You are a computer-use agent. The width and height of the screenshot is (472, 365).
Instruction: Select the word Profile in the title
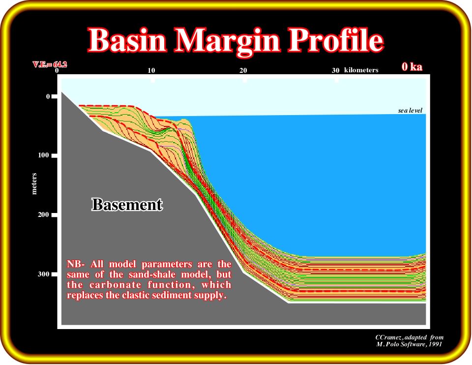point(336,40)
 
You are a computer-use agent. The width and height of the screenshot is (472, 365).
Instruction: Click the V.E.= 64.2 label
point(50,64)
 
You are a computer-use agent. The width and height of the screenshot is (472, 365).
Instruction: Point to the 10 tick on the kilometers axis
point(151,70)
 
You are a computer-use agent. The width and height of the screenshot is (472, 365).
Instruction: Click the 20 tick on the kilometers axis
point(243,70)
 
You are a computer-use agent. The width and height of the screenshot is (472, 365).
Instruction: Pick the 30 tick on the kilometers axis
point(336,70)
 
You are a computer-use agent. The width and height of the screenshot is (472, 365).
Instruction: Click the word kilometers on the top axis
point(361,70)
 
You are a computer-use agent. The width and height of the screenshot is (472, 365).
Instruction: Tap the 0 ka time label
point(412,66)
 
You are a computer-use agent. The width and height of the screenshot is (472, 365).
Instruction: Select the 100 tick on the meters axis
point(44,155)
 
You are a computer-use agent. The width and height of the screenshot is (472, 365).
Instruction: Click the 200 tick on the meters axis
point(44,215)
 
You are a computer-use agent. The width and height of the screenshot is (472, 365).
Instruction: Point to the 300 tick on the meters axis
point(44,274)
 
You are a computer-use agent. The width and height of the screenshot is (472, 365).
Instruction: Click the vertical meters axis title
point(34,183)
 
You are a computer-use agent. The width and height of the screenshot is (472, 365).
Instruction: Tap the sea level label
point(410,111)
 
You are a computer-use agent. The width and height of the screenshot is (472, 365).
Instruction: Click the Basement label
point(127,205)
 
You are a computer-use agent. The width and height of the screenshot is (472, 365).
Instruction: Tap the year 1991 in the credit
point(436,344)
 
